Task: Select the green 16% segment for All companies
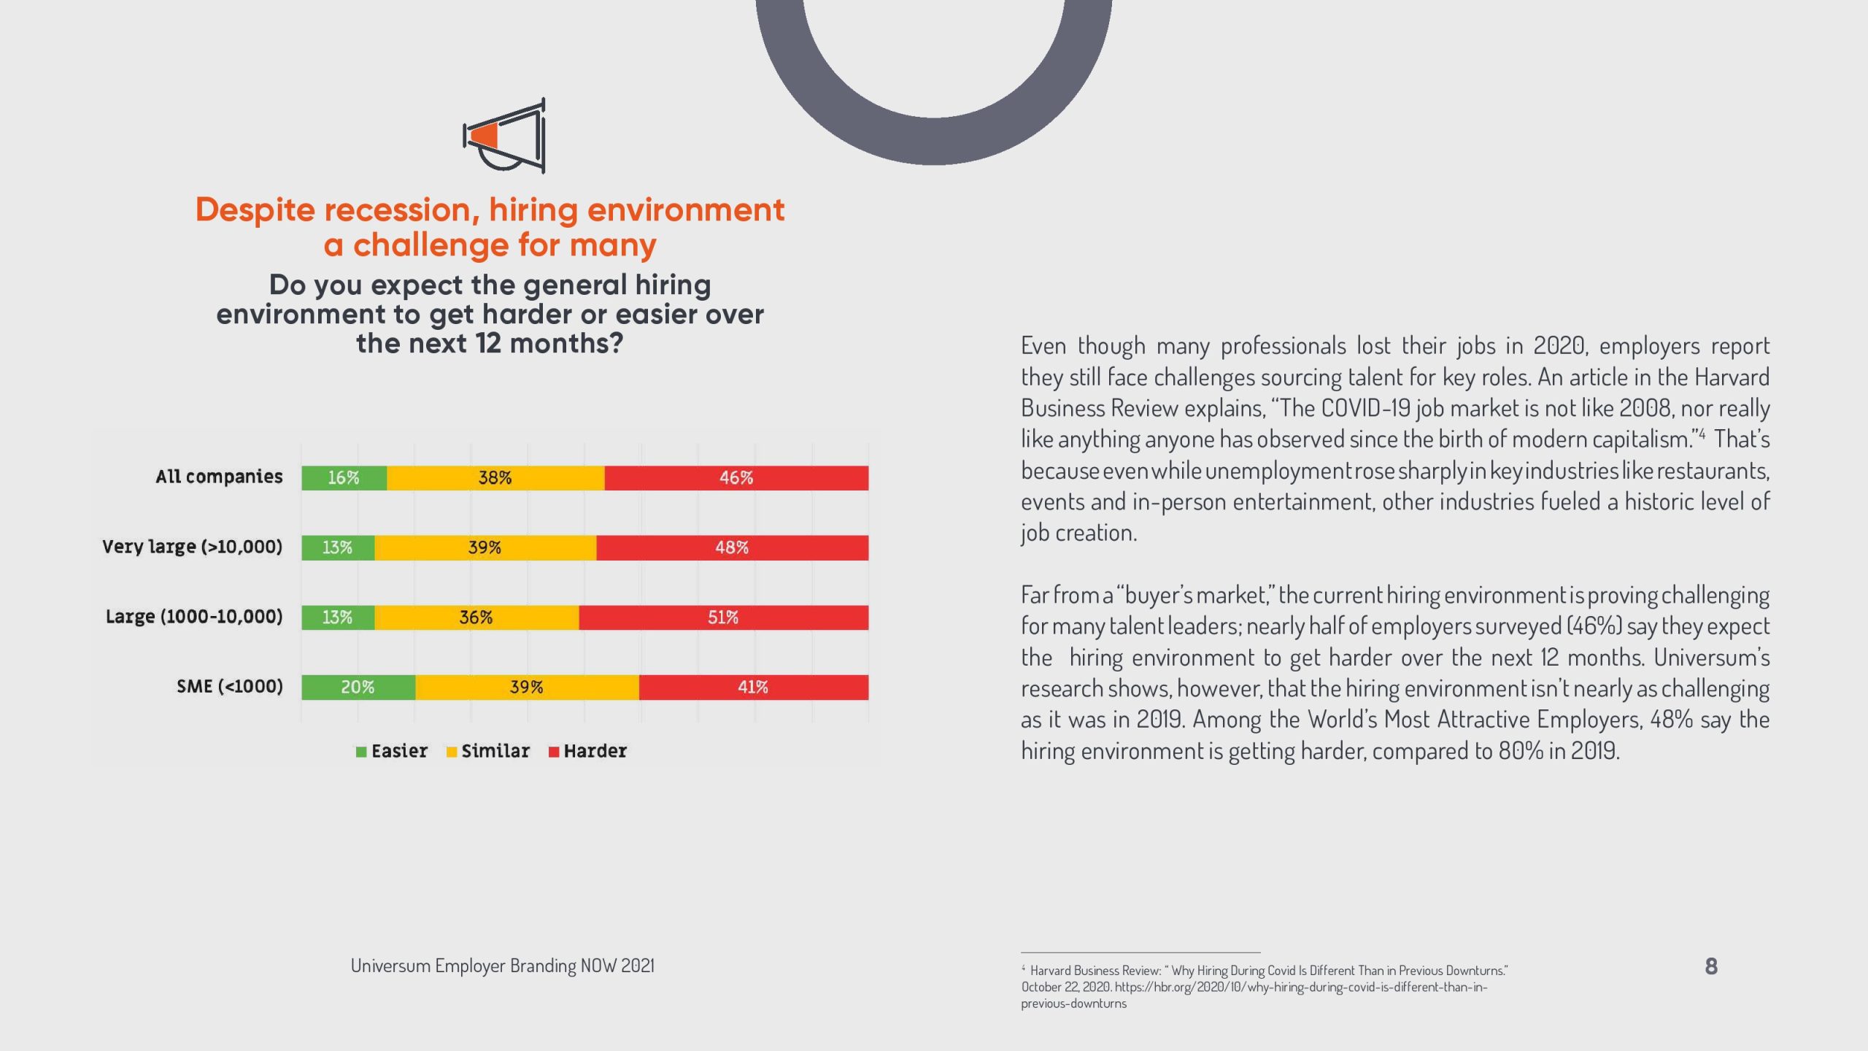coord(344,478)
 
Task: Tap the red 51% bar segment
coord(723,617)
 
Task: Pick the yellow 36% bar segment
coord(476,617)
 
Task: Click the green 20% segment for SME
coord(358,688)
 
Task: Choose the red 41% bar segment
coord(753,688)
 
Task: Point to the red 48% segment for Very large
coord(732,547)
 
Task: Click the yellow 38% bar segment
coord(495,478)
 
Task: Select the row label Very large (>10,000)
coord(192,547)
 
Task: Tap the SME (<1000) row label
coord(229,687)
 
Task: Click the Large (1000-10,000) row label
coord(193,617)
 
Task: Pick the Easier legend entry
coord(392,751)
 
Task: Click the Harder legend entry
coord(587,751)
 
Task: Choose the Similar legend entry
coord(488,751)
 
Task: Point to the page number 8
coord(1711,966)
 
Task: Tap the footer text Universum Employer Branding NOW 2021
coord(502,966)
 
